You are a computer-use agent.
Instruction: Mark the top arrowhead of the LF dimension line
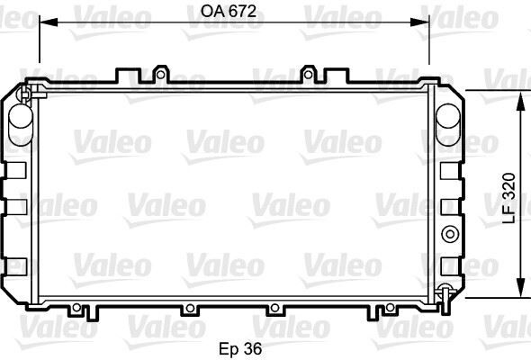pyautogui.click(x=518, y=93)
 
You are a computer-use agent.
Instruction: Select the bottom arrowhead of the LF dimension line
pyautogui.click(x=518, y=293)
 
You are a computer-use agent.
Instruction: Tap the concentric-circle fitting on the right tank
pyautogui.click(x=447, y=234)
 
